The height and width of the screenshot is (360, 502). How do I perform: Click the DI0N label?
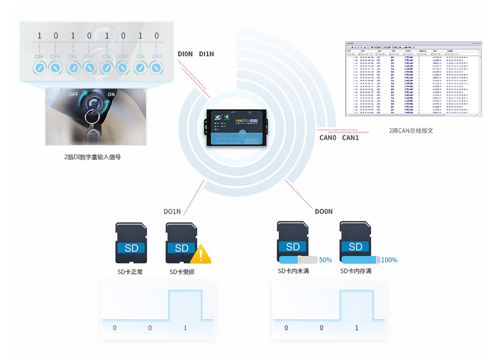tap(185, 54)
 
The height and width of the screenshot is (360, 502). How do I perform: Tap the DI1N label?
tap(206, 54)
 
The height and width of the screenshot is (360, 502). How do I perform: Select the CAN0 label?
tap(328, 138)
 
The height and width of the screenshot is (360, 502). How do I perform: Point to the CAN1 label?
tap(350, 138)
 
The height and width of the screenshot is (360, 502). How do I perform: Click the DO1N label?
tap(172, 211)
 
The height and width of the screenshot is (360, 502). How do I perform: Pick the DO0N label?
tap(324, 211)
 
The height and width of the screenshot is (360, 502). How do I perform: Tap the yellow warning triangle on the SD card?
tap(201, 255)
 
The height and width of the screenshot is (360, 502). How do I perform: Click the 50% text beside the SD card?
tap(325, 260)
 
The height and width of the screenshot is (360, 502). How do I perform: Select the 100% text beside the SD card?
tap(389, 260)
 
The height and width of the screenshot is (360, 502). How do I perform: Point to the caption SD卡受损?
tap(182, 272)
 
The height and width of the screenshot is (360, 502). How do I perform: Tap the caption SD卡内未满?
tap(293, 271)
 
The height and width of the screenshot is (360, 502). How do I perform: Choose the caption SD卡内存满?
tap(356, 271)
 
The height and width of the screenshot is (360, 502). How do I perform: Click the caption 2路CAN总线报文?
tap(411, 130)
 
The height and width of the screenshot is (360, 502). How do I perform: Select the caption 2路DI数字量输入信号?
tap(92, 157)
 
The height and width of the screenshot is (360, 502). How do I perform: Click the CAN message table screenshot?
tap(413, 79)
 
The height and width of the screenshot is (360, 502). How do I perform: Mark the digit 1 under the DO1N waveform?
tap(185, 328)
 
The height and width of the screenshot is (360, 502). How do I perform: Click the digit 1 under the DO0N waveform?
tap(357, 328)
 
